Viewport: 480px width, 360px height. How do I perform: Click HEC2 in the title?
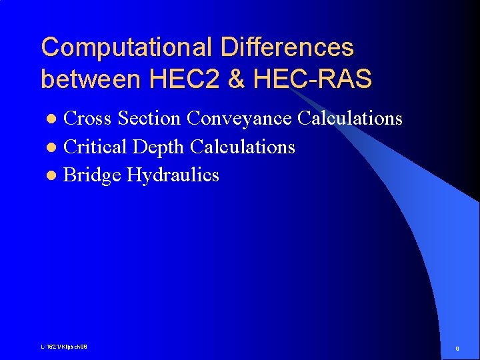(x=177, y=79)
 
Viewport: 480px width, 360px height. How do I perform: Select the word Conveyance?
(x=239, y=119)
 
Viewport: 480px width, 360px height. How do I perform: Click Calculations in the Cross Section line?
(x=350, y=119)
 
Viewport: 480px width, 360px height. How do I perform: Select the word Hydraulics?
(x=173, y=175)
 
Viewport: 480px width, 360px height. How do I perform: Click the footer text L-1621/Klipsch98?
(x=64, y=347)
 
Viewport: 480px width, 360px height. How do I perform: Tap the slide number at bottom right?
(x=457, y=348)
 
